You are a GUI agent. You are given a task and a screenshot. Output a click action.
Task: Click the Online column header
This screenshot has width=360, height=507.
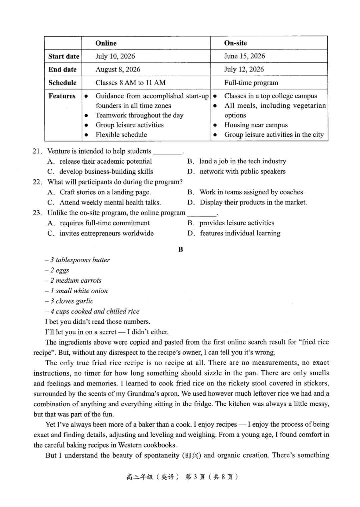coord(106,43)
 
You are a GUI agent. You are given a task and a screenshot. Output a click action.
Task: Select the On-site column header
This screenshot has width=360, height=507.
coord(235,43)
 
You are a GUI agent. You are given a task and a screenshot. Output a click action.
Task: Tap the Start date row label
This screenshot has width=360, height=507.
coord(64,56)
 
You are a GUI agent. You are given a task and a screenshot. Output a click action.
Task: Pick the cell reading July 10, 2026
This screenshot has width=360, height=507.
coord(115,56)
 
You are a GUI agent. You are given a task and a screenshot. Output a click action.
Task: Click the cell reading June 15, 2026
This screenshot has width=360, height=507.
coord(244,56)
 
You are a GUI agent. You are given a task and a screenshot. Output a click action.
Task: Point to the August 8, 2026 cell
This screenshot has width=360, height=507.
coord(118,69)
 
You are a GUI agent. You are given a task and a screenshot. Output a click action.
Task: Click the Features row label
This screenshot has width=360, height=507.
coord(62,96)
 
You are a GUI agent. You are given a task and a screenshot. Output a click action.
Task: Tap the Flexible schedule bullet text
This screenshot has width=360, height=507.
coord(121,135)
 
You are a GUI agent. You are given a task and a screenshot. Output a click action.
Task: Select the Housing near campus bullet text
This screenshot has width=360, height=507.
coord(256,125)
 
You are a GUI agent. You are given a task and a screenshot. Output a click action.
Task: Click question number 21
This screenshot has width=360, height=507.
coord(37,151)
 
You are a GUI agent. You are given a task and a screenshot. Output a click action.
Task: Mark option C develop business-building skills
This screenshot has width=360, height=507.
coord(106,172)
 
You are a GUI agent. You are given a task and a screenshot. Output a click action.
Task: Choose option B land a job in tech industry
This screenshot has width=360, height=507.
coord(242,161)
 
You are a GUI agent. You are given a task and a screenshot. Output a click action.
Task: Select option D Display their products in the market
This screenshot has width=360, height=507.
coord(253,202)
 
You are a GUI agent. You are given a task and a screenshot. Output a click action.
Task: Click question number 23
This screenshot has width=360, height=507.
coord(37,213)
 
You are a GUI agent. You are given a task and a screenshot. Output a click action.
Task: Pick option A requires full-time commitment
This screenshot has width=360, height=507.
coord(104,223)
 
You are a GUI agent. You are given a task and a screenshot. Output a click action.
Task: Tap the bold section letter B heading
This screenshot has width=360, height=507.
coord(181,249)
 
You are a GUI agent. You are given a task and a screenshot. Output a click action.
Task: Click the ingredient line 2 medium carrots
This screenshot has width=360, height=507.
coord(76,280)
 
